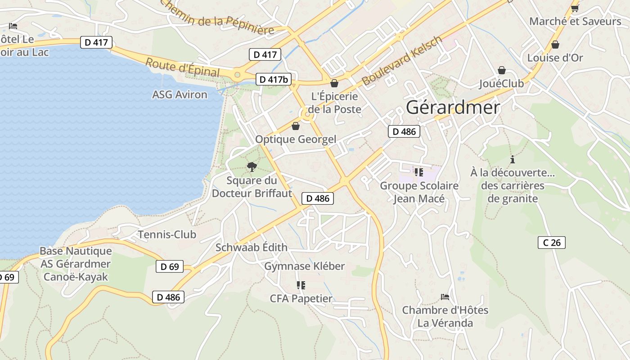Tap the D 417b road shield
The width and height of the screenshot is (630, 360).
click(273, 79)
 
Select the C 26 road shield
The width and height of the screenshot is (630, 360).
click(551, 243)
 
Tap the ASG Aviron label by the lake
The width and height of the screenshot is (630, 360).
click(180, 94)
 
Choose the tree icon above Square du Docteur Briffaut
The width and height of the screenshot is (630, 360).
click(252, 167)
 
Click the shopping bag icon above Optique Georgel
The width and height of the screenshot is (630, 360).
click(296, 126)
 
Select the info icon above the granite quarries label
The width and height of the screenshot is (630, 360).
click(512, 159)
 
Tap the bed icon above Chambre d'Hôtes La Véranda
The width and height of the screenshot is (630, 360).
click(445, 297)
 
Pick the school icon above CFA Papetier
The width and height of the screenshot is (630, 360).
click(301, 285)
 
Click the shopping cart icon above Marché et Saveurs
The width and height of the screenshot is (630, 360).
click(575, 8)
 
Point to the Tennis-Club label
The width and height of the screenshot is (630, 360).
click(167, 234)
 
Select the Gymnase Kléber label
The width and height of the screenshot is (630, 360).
click(304, 266)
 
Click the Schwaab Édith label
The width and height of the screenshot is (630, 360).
click(251, 247)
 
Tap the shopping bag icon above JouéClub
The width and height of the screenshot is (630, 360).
click(501, 70)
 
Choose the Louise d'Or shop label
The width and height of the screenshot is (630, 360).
click(555, 58)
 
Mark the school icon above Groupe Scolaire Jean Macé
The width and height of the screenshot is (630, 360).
click(419, 172)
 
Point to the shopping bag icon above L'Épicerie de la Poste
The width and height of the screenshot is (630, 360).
click(334, 83)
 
